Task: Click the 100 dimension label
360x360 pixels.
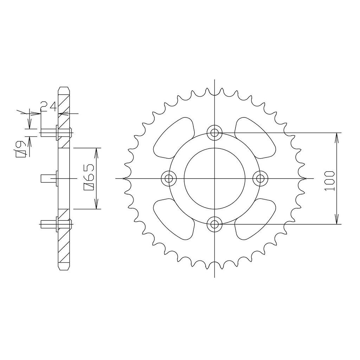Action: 329,181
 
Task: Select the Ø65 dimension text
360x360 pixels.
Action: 89,177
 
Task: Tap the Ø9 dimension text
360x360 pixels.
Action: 20,149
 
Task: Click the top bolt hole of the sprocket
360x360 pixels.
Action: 214,133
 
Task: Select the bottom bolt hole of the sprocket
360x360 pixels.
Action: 214,224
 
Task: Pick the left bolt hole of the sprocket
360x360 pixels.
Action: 169,178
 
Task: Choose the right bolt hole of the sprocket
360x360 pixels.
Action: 260,178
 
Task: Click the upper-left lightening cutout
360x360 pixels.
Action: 174,138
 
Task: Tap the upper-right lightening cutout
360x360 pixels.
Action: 255,138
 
